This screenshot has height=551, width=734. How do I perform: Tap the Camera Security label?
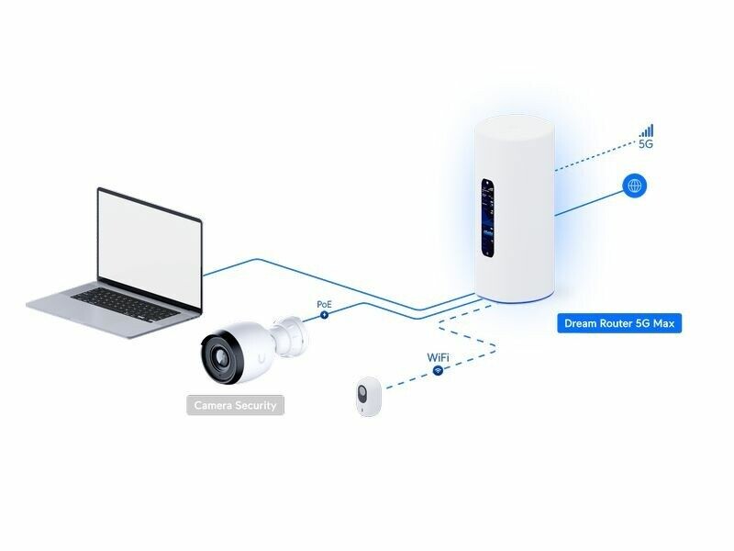235,404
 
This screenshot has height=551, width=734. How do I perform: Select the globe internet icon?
634,186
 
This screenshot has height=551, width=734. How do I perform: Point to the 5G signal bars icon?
647,130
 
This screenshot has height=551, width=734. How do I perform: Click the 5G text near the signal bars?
646,145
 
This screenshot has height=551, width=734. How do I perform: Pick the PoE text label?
324,303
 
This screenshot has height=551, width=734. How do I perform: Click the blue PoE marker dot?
324,315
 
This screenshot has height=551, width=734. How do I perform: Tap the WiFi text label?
438,356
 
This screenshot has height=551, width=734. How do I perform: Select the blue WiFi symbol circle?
438,370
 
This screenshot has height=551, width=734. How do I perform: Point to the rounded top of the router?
514,129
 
